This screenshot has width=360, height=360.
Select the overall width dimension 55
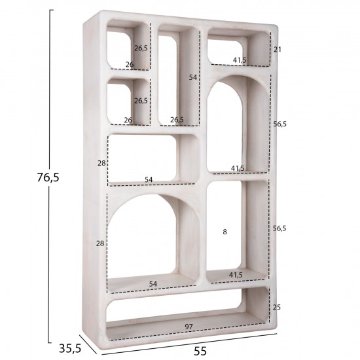pyautogui.click(x=201, y=351)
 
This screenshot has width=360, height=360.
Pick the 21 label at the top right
pyautogui.click(x=277, y=49)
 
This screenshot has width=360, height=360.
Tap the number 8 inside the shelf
pyautogui.click(x=225, y=232)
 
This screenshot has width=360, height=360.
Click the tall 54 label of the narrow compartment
pyautogui.click(x=193, y=77)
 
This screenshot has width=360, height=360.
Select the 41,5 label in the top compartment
pyautogui.click(x=240, y=60)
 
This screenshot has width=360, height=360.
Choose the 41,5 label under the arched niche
pyautogui.click(x=238, y=168)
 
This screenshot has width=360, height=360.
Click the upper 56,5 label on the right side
pyautogui.click(x=279, y=122)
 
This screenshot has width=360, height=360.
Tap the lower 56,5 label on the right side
pyautogui.click(x=279, y=228)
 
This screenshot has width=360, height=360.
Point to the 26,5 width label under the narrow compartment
pyautogui.click(x=177, y=120)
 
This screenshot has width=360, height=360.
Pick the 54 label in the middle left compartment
pyautogui.click(x=149, y=179)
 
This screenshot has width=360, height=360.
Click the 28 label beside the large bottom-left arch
pyautogui.click(x=100, y=243)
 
